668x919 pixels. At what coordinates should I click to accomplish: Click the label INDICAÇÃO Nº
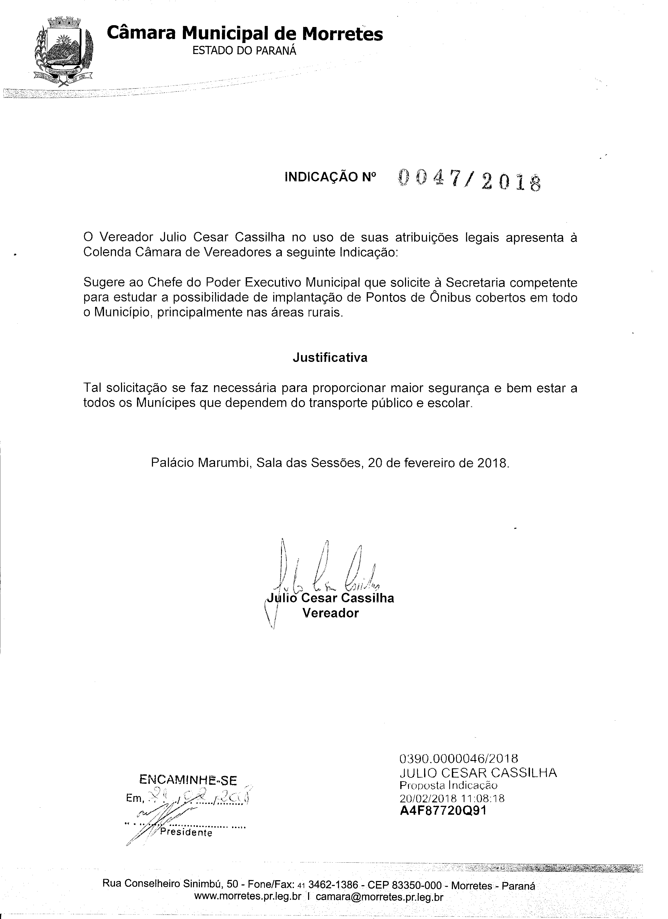point(330,177)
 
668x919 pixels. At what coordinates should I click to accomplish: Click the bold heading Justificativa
point(330,358)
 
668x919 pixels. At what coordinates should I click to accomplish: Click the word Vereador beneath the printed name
point(331,613)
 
